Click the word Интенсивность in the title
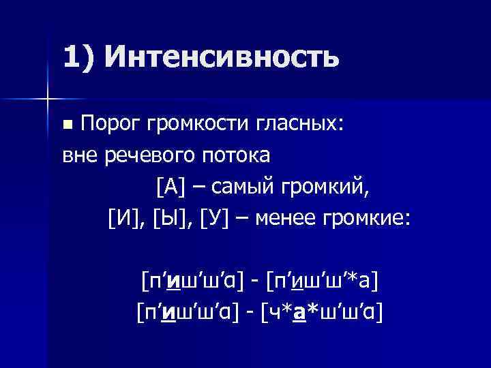coord(221,56)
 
